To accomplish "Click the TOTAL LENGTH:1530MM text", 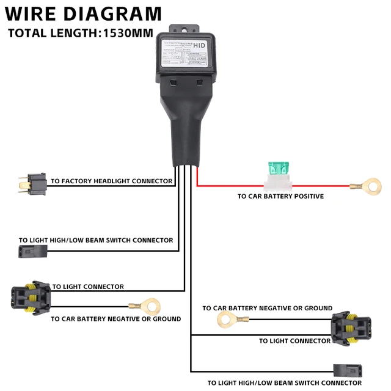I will (80, 33).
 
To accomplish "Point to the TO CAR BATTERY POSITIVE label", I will (280, 197).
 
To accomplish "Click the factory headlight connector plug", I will (31, 181).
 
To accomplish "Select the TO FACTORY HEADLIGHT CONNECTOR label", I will (112, 181).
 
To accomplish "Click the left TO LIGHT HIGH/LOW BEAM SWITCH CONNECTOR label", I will (96, 240).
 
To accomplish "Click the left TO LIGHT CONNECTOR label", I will (88, 287).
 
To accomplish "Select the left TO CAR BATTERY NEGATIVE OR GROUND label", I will (116, 319).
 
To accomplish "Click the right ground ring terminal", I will (226, 318).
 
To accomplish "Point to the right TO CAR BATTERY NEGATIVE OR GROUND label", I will (268, 308).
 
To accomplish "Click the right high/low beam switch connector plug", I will (347, 371).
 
